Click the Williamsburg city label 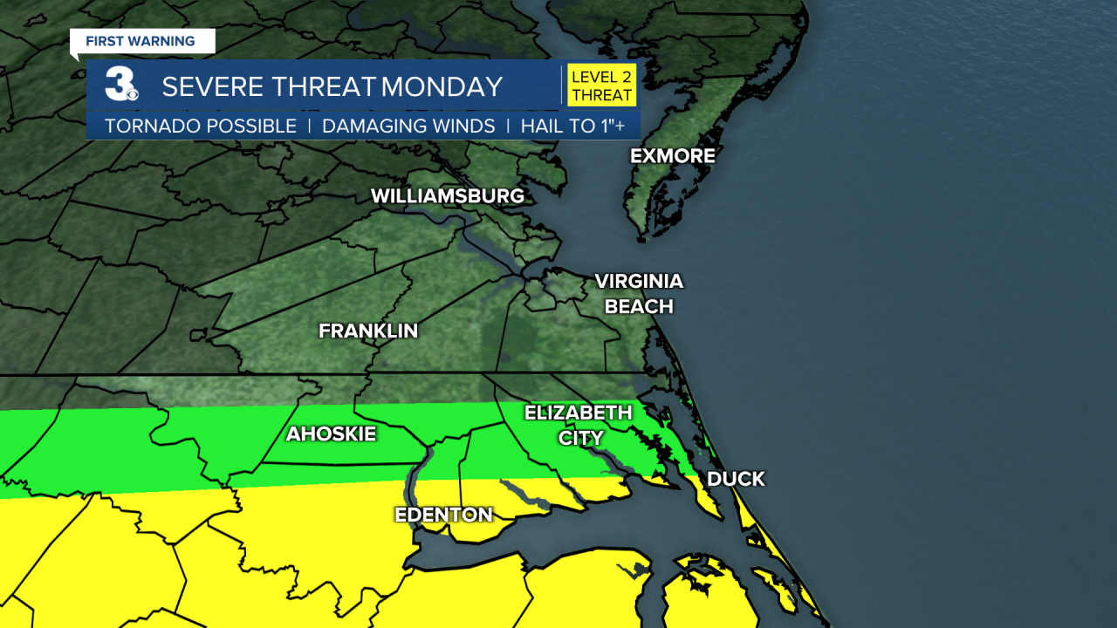(x=448, y=196)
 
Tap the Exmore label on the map (x=673, y=156)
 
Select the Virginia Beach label (x=639, y=294)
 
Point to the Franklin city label (x=368, y=331)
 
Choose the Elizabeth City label (x=578, y=425)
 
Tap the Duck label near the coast (x=736, y=479)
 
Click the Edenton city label (x=444, y=515)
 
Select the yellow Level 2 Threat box (x=602, y=85)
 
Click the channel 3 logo (x=120, y=85)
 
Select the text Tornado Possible (x=201, y=126)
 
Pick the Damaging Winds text (x=408, y=126)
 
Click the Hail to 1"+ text (x=573, y=126)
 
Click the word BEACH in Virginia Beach (x=639, y=307)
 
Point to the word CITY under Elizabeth (x=580, y=438)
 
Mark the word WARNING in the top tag (x=162, y=41)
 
